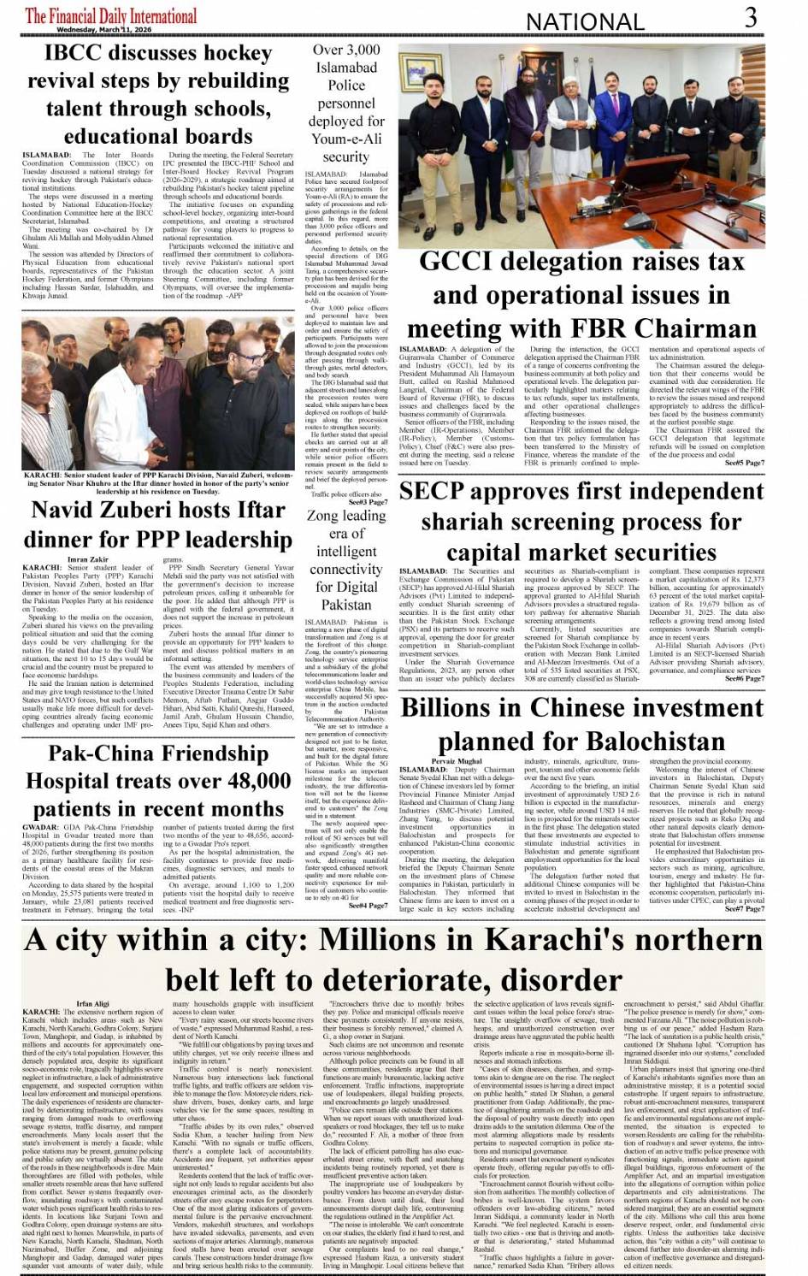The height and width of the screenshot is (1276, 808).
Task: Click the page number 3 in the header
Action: (x=750, y=17)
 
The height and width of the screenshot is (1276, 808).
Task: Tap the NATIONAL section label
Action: (x=585, y=21)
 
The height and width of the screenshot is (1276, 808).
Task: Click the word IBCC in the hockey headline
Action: (x=76, y=53)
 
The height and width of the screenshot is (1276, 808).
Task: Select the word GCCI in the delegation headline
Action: (x=463, y=263)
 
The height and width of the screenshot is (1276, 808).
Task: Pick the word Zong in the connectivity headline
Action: (x=322, y=515)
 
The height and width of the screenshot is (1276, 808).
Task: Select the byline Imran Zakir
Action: (x=88, y=559)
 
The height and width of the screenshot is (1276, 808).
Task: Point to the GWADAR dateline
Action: (x=40, y=828)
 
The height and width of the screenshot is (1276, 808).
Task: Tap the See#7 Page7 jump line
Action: (x=745, y=909)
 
